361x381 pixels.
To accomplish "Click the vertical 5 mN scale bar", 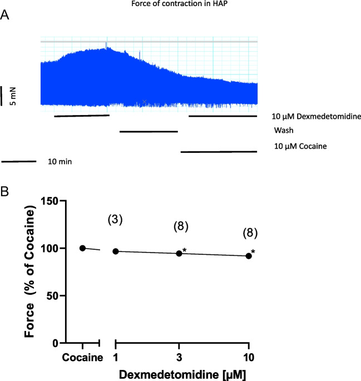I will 2,96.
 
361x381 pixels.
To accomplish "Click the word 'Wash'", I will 283,131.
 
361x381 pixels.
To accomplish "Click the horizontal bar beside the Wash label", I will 149,132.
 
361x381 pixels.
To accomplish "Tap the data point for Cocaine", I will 82,248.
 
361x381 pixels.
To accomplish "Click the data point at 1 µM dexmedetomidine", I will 116,251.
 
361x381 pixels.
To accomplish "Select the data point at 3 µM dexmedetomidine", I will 179,253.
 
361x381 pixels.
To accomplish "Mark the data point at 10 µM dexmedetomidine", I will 248,256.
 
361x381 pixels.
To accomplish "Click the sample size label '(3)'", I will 115,220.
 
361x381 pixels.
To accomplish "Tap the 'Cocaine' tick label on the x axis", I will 82,357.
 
